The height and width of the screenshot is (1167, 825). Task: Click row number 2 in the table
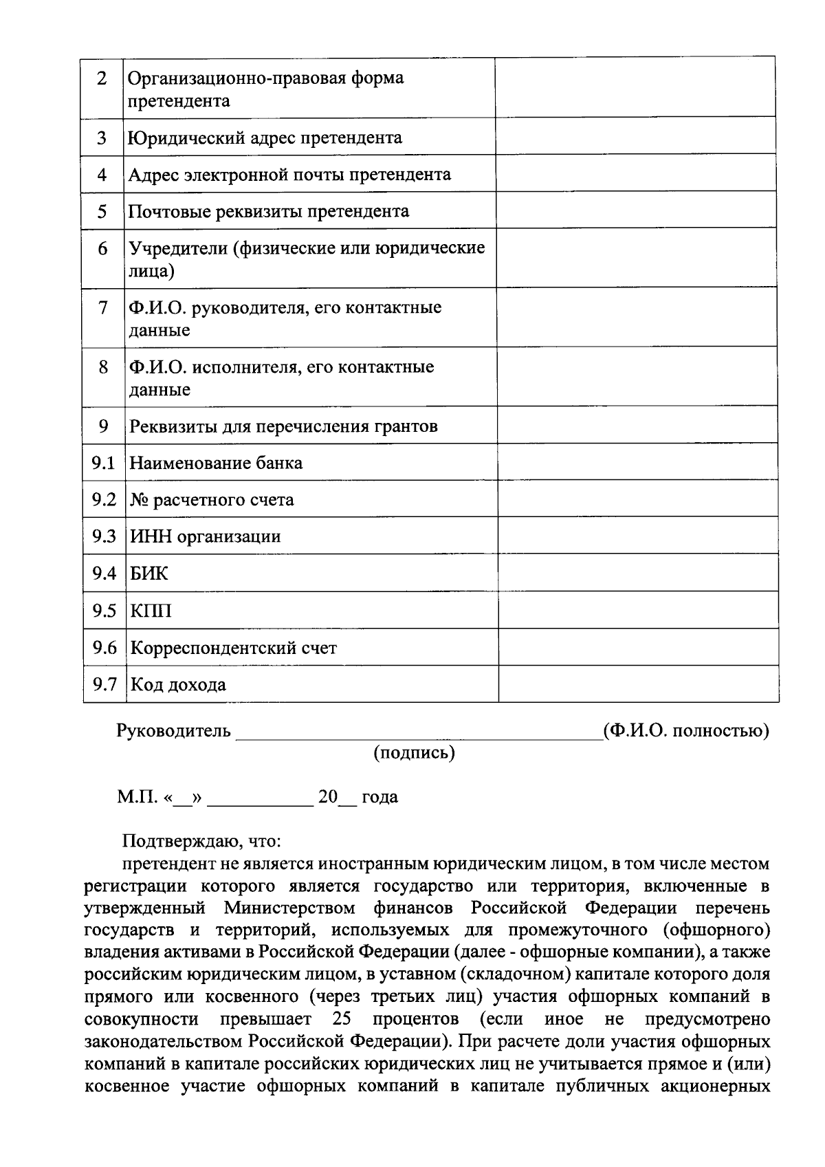(x=102, y=78)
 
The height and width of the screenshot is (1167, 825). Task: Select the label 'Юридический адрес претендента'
(x=265, y=138)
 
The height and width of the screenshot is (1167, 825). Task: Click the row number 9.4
(x=104, y=573)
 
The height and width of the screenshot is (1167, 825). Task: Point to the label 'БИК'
(x=149, y=573)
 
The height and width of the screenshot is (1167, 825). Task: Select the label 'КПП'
(x=151, y=610)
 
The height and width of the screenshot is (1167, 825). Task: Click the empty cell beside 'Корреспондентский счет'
(x=638, y=647)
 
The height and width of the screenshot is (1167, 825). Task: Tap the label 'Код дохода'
(x=178, y=684)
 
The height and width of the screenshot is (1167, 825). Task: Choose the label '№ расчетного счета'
(x=212, y=499)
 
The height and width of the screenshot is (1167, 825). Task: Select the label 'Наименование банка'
(x=216, y=462)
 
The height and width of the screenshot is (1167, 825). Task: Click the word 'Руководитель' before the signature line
(x=174, y=730)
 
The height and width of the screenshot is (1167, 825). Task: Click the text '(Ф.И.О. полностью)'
(x=685, y=730)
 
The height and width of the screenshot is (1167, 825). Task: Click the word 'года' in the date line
(x=379, y=797)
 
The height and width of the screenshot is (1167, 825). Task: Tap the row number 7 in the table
(x=102, y=307)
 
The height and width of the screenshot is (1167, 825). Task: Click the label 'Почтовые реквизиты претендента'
(x=269, y=210)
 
